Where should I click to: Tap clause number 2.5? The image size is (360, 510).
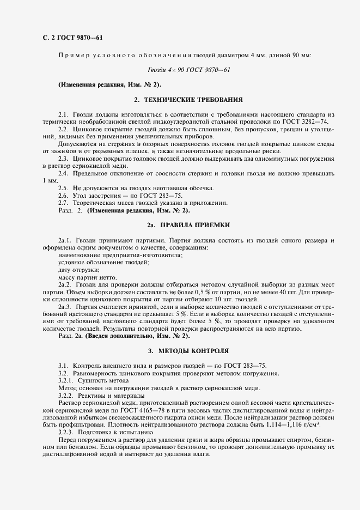63,187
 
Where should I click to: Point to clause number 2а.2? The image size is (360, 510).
65,285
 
